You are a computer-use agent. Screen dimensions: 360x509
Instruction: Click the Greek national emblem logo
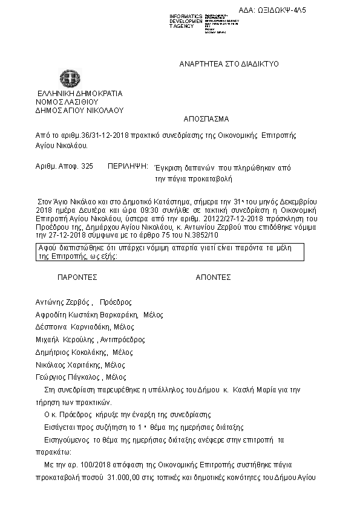(x=67, y=80)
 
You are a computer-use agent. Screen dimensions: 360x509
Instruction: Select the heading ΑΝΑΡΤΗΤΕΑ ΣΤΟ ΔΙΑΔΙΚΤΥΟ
(x=229, y=64)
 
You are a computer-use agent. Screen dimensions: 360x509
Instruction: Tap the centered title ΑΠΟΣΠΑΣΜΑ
(x=206, y=119)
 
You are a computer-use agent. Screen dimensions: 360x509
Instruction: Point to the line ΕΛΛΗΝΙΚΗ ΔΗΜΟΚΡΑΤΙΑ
(x=79, y=94)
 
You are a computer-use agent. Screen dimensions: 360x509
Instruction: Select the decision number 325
(x=87, y=165)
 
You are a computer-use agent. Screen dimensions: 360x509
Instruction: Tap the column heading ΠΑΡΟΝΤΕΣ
(x=77, y=277)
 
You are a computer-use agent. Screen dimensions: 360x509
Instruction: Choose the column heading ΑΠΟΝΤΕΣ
(x=213, y=277)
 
